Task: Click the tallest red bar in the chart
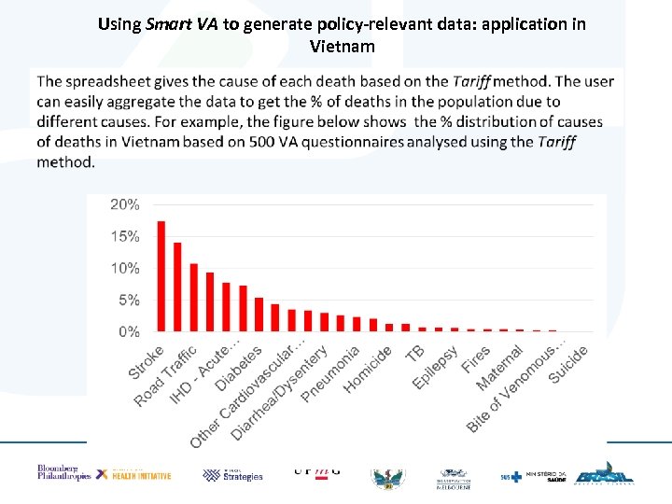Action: [161, 276]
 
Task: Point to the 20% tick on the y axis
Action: [125, 204]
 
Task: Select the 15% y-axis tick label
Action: [125, 236]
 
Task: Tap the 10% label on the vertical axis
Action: [125, 268]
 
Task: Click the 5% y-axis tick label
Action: [128, 300]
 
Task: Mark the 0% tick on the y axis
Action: [128, 331]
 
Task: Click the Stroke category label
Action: [147, 362]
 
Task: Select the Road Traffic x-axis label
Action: [165, 376]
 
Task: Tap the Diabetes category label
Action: [239, 369]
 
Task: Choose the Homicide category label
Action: [368, 369]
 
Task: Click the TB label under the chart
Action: [415, 352]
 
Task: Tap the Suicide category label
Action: [568, 364]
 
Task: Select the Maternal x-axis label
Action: [499, 369]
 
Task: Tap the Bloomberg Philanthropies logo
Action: [63, 472]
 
